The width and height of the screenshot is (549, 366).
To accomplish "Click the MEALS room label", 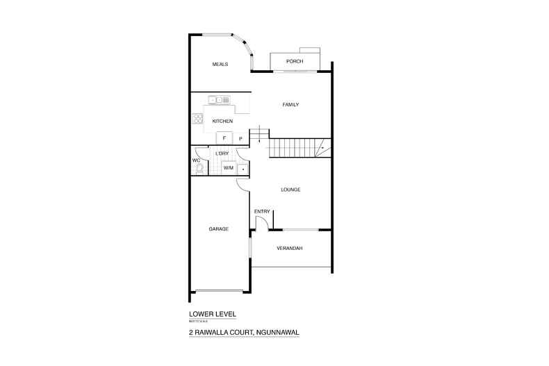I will (x=220, y=65).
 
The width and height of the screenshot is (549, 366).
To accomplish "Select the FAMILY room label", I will (x=290, y=105).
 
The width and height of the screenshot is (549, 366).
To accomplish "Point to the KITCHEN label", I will (x=213, y=122).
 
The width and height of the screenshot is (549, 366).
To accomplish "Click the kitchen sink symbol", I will (x=219, y=100).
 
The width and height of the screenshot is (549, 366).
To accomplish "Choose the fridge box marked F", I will (x=224, y=138).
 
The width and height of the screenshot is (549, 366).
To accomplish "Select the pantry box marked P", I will (x=240, y=138).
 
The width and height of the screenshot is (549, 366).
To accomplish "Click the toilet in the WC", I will (x=199, y=167).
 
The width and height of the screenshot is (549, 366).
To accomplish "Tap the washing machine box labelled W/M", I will (x=228, y=168).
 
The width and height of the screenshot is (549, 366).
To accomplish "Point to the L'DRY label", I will (x=222, y=153).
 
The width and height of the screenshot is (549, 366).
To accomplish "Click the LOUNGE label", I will (x=290, y=190).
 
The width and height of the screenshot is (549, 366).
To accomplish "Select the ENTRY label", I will (x=261, y=211).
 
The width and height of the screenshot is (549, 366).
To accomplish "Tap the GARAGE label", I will (x=219, y=228).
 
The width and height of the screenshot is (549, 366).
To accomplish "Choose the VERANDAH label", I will (x=290, y=248).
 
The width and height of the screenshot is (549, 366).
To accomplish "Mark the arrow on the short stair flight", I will (x=259, y=139).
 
